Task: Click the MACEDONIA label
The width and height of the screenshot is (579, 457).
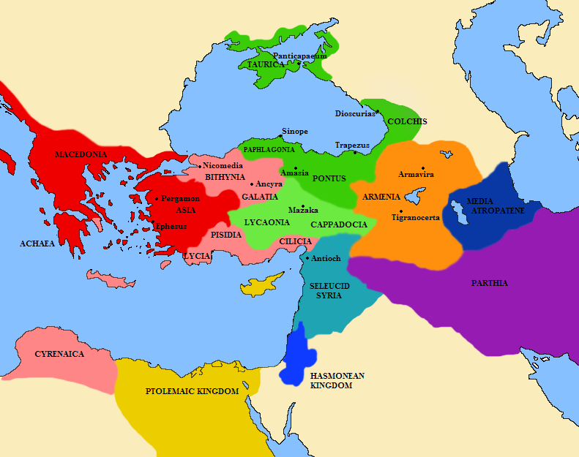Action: click(x=81, y=155)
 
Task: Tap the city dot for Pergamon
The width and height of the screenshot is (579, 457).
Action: click(x=157, y=199)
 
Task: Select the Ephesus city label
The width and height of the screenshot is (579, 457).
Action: click(x=171, y=226)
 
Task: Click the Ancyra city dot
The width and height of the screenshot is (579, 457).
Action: click(x=252, y=184)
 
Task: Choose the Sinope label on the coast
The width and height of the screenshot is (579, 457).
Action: click(x=294, y=132)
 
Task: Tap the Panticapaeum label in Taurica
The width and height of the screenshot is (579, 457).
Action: click(x=298, y=56)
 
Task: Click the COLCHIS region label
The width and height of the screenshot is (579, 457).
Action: click(x=407, y=121)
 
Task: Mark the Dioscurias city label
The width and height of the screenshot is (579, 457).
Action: click(x=354, y=113)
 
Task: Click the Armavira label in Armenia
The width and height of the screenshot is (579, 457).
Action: click(x=416, y=175)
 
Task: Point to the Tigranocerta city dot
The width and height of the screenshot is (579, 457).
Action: click(x=401, y=211)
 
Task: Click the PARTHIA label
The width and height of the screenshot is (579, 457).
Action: click(x=490, y=283)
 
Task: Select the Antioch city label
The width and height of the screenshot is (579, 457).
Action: click(x=326, y=259)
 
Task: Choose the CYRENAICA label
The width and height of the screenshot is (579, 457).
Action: click(x=59, y=354)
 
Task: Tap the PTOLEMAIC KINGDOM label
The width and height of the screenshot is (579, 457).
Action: click(x=192, y=391)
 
